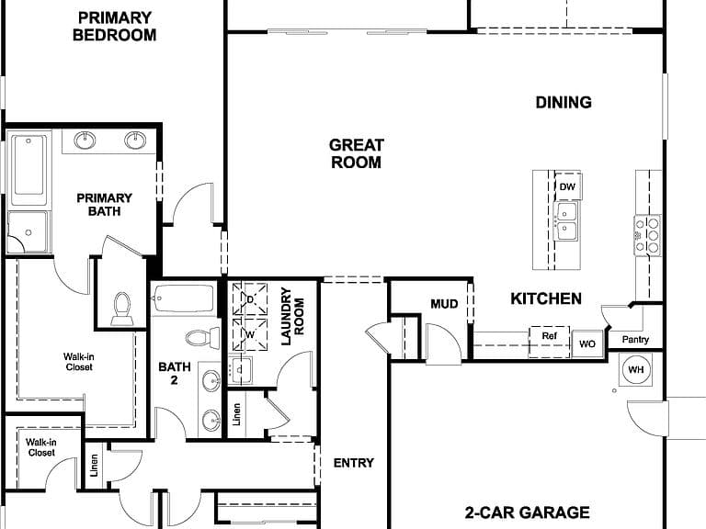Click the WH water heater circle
pos(635,370)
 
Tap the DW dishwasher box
pos(567,186)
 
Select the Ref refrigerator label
pos(550,335)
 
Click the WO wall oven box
pos(587,344)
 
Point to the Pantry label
pos(635,339)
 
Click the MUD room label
pos(444,304)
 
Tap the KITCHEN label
pos(546,298)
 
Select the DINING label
pos(564,102)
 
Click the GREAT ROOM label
pos(356,153)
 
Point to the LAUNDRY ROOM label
pos(292,316)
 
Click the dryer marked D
pos(250,298)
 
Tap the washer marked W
pos(250,334)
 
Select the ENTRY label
pos(353,463)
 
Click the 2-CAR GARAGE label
pos(527,512)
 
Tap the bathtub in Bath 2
pos(183,298)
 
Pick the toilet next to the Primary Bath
pos(122,309)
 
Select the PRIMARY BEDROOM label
pos(114,26)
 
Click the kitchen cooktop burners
pos(647,235)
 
